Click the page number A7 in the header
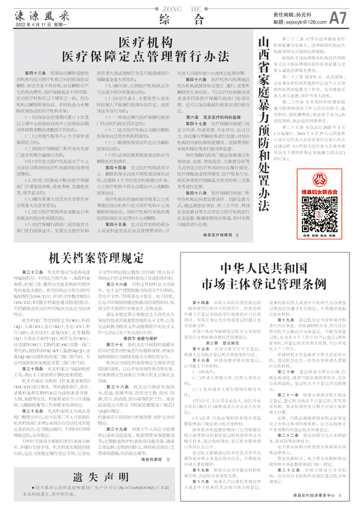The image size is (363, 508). [x=338, y=19]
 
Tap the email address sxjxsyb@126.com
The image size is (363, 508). [x=304, y=23]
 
